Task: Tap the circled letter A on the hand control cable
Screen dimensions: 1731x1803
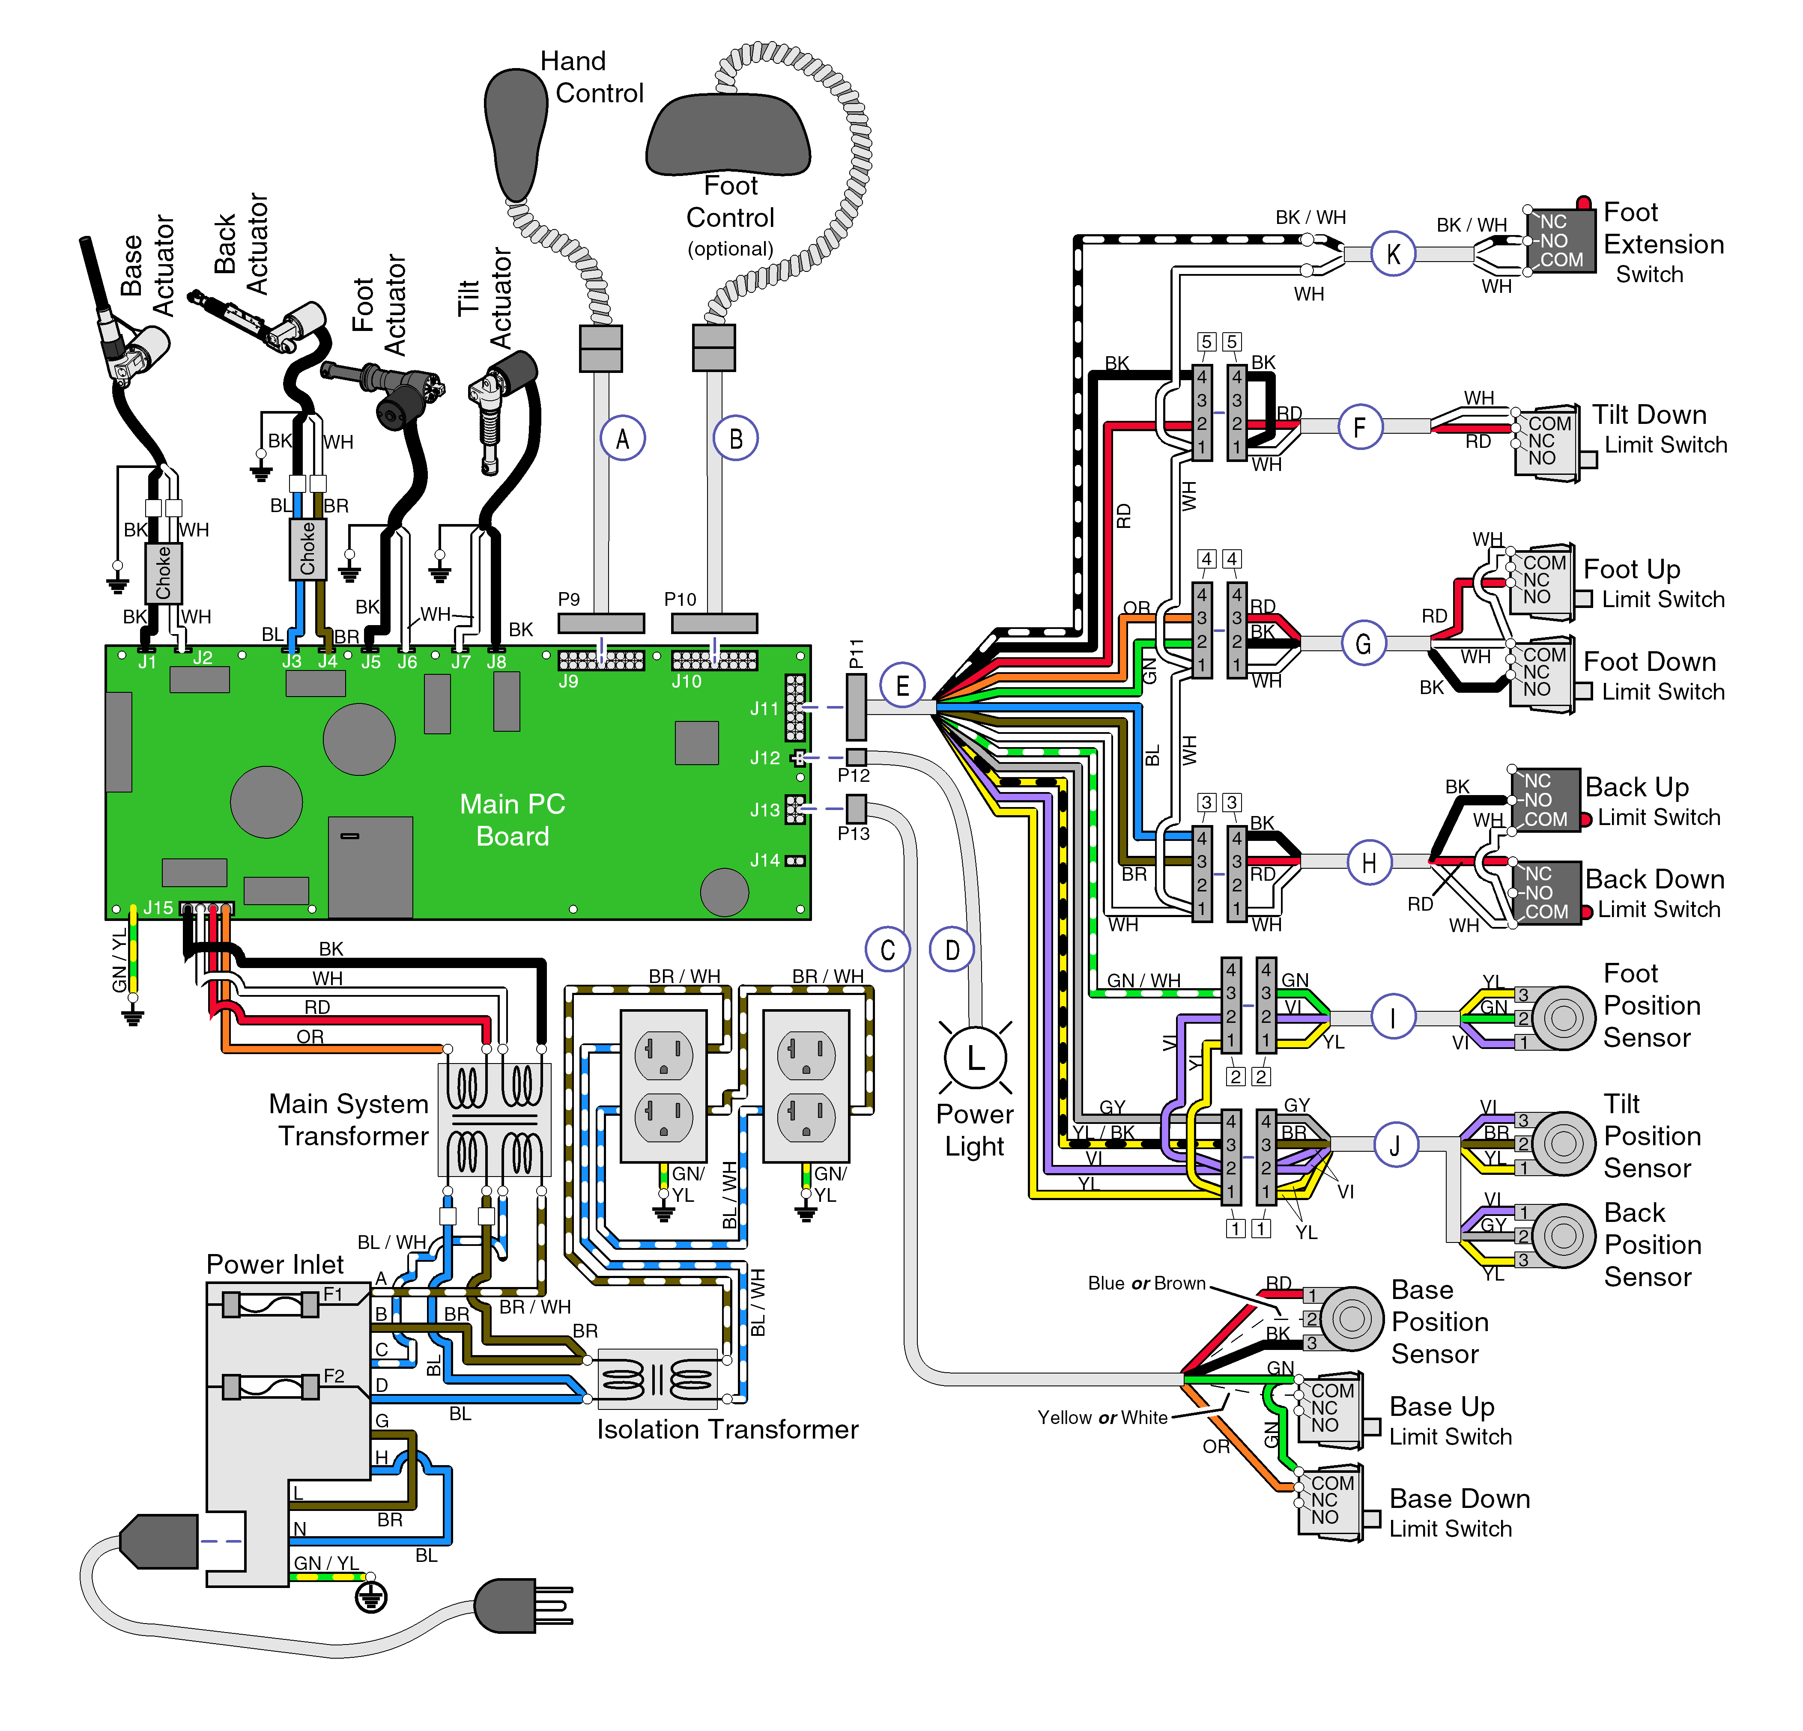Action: click(x=623, y=439)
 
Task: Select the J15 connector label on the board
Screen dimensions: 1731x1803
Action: click(x=158, y=908)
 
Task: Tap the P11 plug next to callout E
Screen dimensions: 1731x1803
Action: click(x=856, y=706)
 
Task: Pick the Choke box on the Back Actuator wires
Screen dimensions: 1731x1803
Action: click(x=307, y=548)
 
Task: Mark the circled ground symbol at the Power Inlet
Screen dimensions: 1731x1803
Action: click(x=371, y=1597)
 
